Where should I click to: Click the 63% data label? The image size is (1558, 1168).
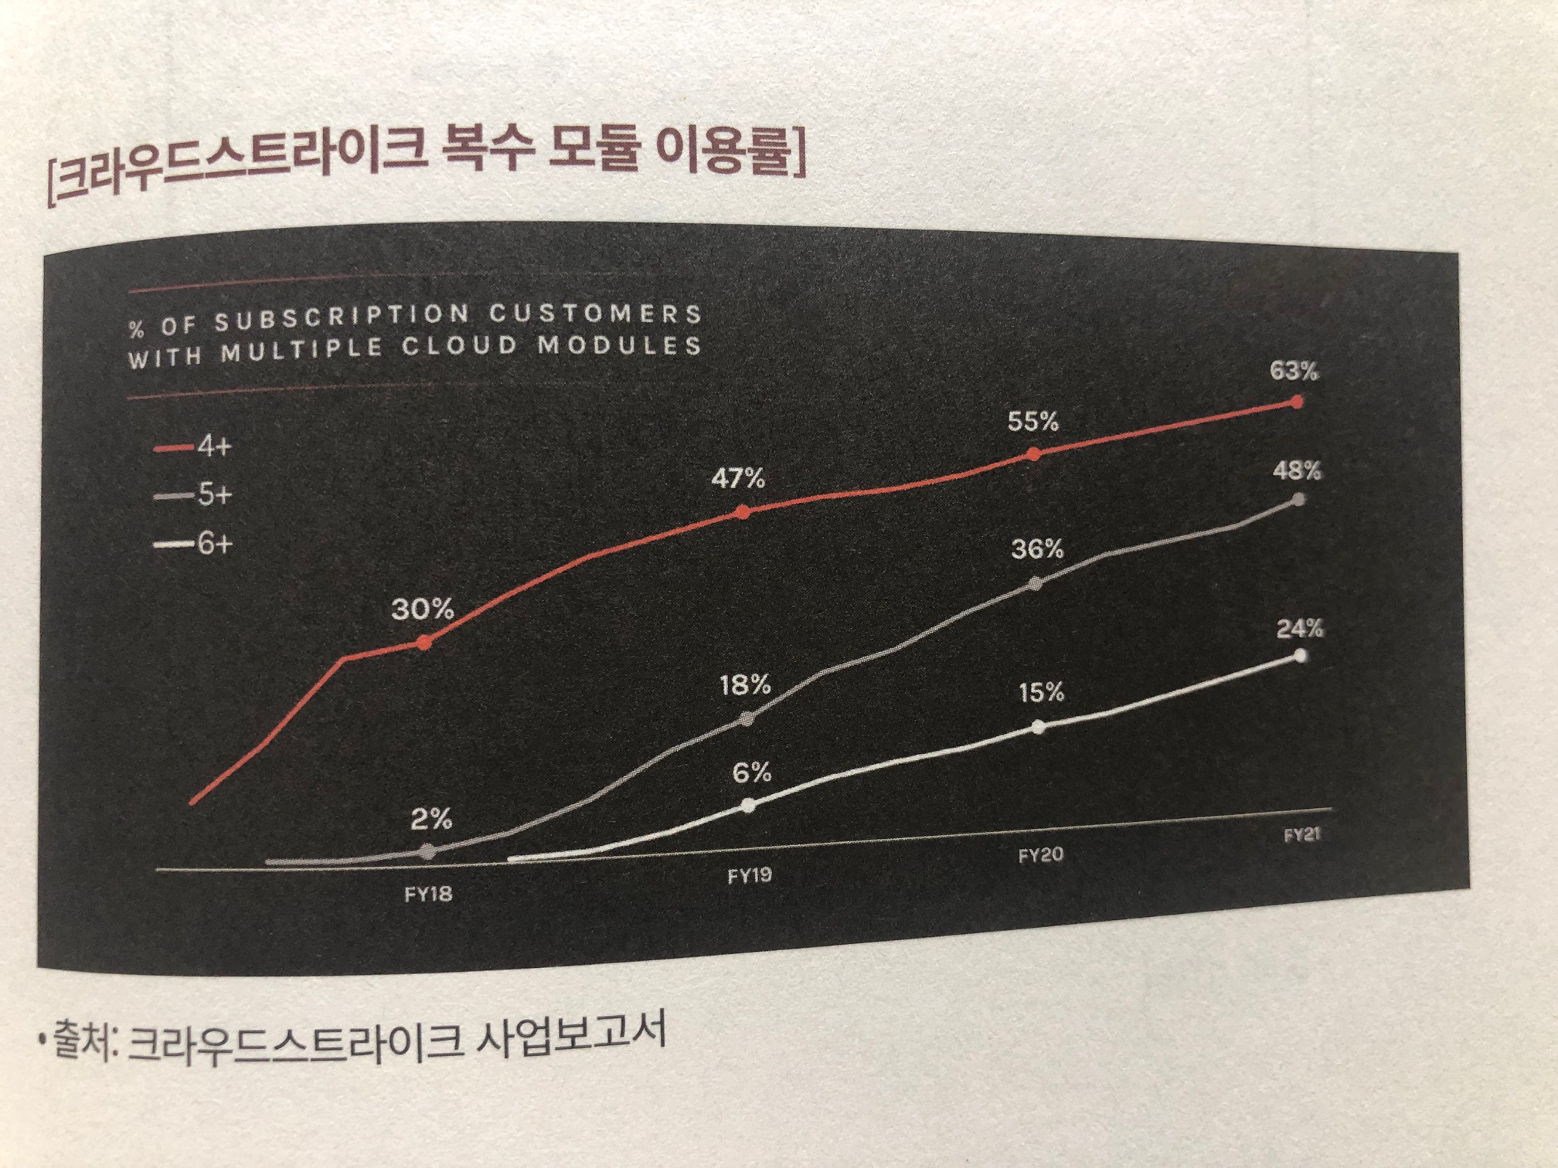click(x=1294, y=372)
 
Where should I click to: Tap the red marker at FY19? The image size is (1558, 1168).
click(x=743, y=511)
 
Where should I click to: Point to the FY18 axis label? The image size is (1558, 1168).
click(x=428, y=894)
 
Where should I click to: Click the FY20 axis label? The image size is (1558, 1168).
click(x=1040, y=855)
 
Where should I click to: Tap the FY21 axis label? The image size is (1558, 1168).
click(x=1301, y=835)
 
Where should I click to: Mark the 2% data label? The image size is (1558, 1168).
click(x=431, y=819)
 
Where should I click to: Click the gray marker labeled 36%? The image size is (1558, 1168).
click(x=1036, y=584)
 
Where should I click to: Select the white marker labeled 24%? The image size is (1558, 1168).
click(x=1300, y=656)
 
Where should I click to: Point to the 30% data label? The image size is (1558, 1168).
click(x=422, y=609)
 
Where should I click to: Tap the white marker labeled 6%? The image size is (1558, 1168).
click(x=747, y=805)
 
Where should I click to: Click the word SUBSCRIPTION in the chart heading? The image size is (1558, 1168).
click(x=341, y=318)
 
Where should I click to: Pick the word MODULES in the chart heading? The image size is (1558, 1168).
click(x=620, y=346)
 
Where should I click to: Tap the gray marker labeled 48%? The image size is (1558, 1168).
click(x=1298, y=500)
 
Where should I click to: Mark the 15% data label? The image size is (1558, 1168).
click(x=1041, y=693)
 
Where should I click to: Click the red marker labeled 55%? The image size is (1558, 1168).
click(x=1034, y=454)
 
